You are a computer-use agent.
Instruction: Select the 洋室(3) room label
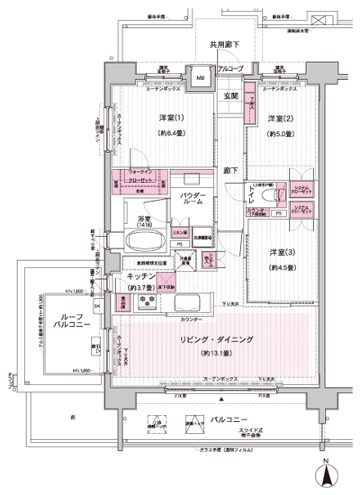[x=277, y=252]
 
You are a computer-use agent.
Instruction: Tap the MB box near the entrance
[x=200, y=78]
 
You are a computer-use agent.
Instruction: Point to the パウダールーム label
[x=193, y=200]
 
